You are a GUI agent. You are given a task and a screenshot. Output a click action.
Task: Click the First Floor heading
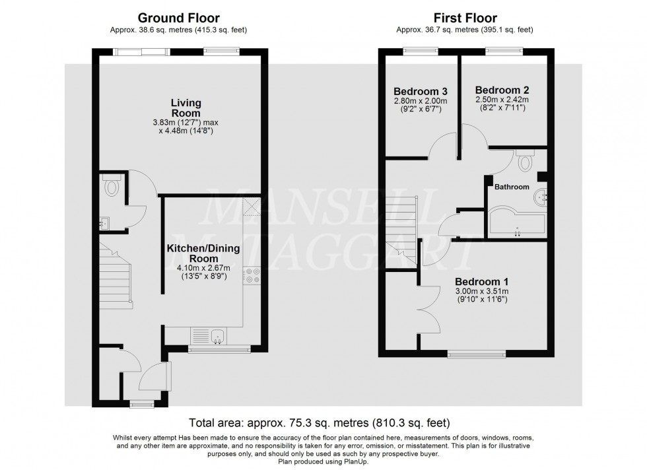[x=465, y=18]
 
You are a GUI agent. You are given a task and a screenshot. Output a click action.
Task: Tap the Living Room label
[x=186, y=108]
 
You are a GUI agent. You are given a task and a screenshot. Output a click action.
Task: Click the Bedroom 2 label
[x=502, y=90]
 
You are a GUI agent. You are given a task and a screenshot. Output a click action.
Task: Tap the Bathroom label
[x=513, y=187]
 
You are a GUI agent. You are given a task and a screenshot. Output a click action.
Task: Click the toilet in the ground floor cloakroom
[x=111, y=187]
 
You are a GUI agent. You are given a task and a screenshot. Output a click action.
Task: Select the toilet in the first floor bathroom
[x=526, y=162]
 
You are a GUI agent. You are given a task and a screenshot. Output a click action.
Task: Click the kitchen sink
[x=218, y=337]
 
